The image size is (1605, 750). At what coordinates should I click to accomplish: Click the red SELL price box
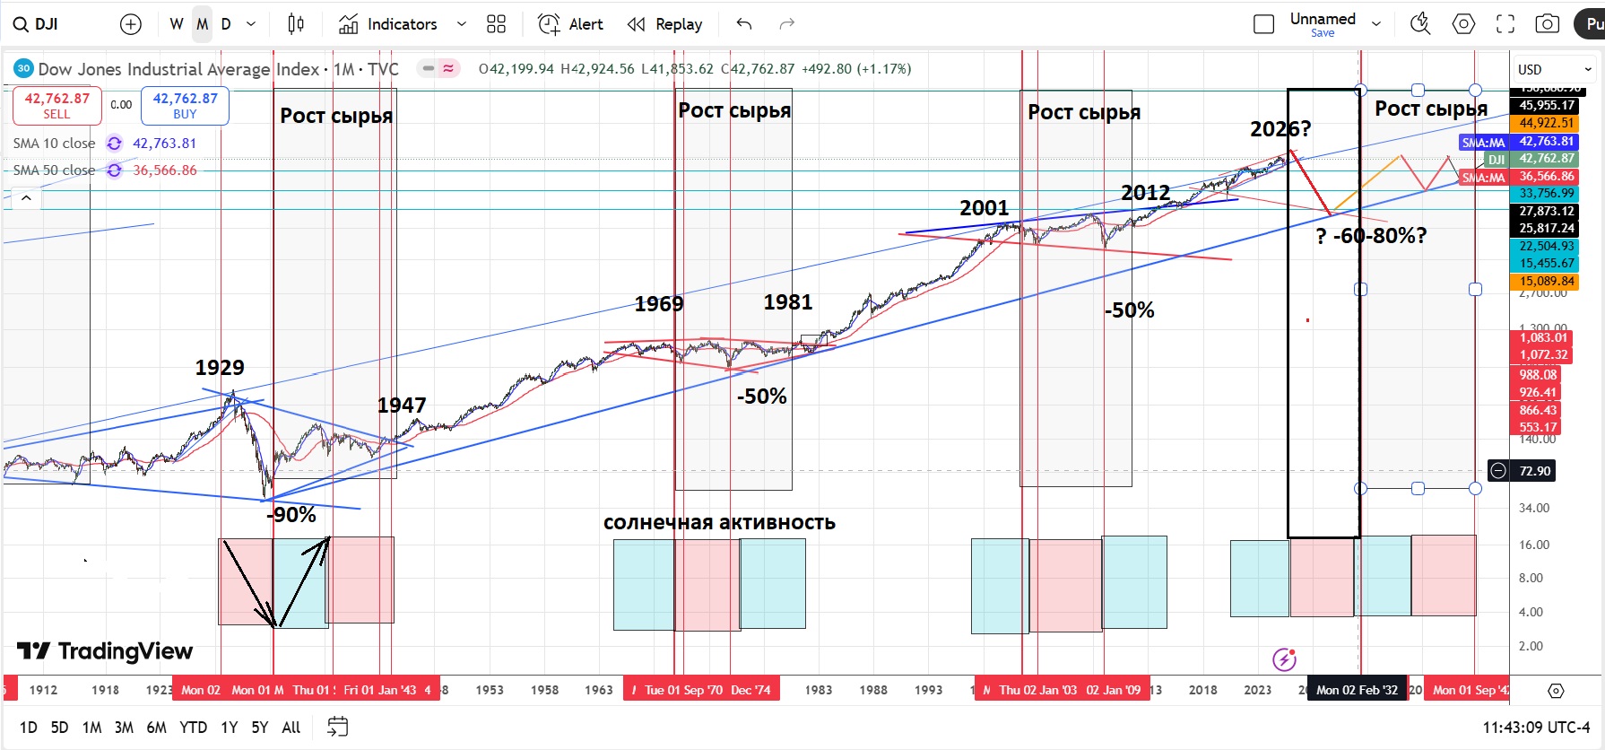(x=56, y=106)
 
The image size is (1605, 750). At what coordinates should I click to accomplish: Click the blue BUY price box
(x=185, y=106)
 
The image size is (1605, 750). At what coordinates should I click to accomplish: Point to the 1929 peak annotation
(x=220, y=368)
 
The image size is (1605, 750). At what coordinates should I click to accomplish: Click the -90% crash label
(x=291, y=515)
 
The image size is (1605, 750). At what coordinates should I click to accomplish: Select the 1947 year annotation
(x=402, y=406)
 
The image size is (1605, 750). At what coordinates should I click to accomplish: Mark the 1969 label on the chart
(x=659, y=304)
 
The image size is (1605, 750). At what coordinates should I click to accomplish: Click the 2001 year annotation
(x=985, y=208)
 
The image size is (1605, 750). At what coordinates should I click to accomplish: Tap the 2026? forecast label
(x=1280, y=129)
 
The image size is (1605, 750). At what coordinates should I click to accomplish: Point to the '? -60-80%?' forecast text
(x=1371, y=236)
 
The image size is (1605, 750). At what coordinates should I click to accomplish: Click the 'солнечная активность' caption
(x=719, y=522)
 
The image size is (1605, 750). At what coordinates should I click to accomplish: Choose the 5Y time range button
(x=260, y=728)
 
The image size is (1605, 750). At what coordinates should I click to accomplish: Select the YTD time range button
(x=193, y=728)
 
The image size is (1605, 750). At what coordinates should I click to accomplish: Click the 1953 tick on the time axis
(x=490, y=690)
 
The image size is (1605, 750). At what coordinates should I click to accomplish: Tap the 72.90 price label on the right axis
(x=1534, y=471)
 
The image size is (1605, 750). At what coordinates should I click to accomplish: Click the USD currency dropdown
(x=1554, y=69)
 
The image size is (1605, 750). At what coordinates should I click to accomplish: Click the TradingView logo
(x=105, y=651)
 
